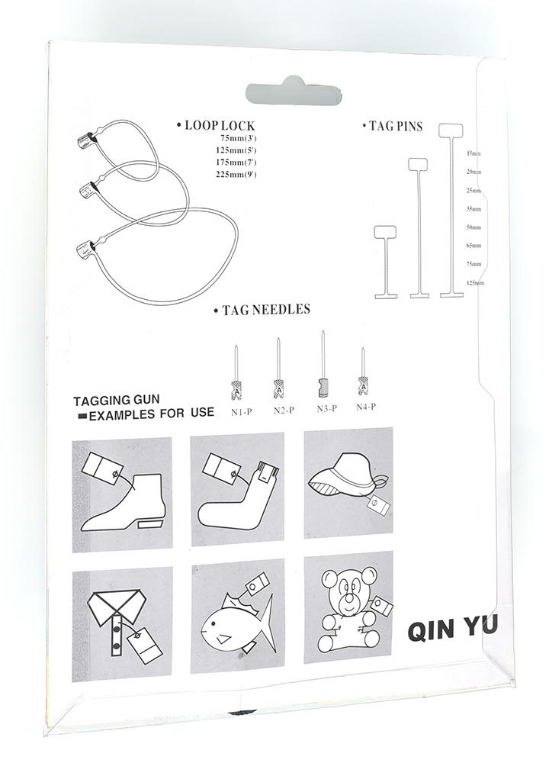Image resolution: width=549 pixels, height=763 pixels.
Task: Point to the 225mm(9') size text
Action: pos(236,175)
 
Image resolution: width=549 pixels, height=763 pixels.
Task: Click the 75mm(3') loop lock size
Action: pos(237,138)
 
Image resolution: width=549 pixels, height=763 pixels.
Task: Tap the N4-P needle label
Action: pos(367,407)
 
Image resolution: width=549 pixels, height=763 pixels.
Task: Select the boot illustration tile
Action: pos(122,494)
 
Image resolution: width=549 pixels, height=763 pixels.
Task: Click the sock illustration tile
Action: pos(237,491)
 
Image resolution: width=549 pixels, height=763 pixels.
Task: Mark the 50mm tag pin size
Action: pos(474,227)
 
